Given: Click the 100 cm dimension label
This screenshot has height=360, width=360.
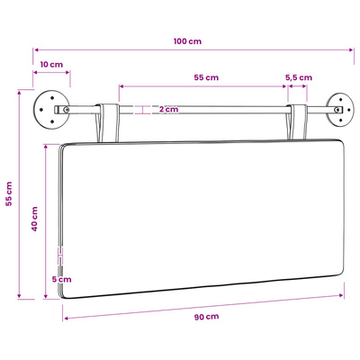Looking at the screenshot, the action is (x=187, y=41).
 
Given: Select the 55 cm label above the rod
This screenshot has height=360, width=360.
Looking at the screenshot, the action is (x=206, y=77).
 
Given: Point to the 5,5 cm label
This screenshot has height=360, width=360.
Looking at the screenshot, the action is (x=299, y=77).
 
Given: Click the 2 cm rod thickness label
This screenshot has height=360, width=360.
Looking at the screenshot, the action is (x=168, y=109).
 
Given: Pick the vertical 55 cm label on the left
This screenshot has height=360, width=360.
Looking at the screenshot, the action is (x=9, y=193).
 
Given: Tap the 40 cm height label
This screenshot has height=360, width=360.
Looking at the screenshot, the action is (x=35, y=219).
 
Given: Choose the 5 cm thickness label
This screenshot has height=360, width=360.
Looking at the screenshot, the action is (x=62, y=279).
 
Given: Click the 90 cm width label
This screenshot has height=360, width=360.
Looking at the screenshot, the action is (x=206, y=317).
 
